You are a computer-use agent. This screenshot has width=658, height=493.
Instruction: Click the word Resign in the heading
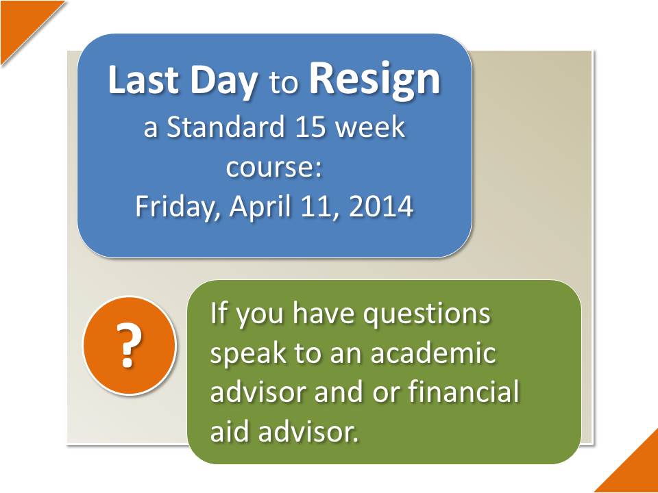pyautogui.click(x=374, y=81)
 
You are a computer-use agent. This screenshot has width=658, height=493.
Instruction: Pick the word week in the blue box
pyautogui.click(x=371, y=127)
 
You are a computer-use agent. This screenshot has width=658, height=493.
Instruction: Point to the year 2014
pyautogui.click(x=381, y=207)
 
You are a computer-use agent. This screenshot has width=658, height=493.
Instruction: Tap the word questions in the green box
pyautogui.click(x=426, y=315)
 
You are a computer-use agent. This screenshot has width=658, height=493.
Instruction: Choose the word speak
pyautogui.click(x=249, y=354)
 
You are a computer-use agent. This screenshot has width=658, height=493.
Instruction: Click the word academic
pyautogui.click(x=433, y=353)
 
